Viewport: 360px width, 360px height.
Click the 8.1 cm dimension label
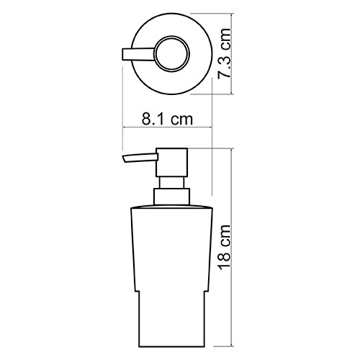(167, 119)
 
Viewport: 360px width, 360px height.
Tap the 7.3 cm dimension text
(224, 53)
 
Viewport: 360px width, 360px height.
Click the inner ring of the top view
(172, 54)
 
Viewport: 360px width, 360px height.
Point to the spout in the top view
(138, 54)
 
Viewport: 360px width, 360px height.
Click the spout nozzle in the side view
(140, 158)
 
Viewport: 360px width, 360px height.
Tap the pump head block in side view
(172, 163)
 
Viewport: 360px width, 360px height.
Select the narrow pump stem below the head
(172, 183)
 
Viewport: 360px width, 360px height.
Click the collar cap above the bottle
(172, 197)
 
